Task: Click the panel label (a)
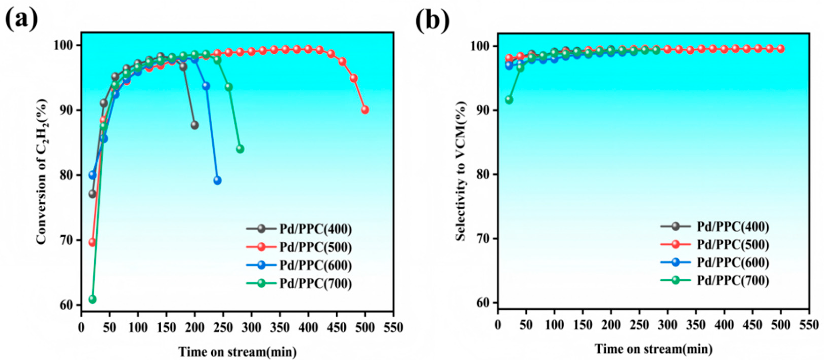(x=22, y=20)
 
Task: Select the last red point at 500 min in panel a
(x=365, y=110)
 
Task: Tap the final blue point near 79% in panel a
(x=217, y=180)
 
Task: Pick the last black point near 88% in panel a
(x=194, y=125)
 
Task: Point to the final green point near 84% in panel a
(x=240, y=149)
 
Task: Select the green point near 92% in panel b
(x=509, y=100)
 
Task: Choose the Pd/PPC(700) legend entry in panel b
(x=715, y=280)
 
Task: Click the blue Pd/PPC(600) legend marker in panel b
(x=676, y=262)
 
